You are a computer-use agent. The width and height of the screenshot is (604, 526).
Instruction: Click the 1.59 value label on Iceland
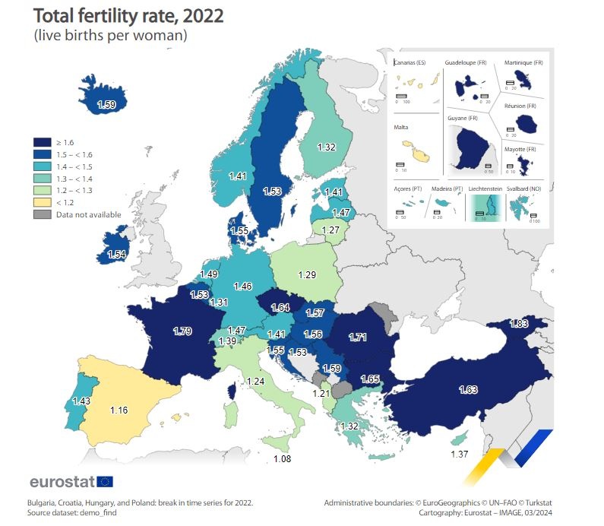point(106,104)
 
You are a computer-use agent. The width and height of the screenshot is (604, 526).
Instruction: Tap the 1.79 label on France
point(182,331)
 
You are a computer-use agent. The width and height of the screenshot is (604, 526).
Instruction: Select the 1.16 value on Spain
point(118,410)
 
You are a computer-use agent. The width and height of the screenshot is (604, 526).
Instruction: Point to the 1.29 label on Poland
point(306,273)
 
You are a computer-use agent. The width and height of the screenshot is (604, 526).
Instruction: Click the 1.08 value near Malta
point(283,459)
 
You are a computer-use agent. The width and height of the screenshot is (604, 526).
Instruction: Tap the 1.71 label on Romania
point(357,336)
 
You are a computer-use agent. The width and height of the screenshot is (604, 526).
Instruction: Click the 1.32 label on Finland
point(326,147)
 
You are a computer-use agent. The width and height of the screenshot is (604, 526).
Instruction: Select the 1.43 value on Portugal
point(81,400)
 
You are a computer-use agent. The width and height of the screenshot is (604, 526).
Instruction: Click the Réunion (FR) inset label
point(520,106)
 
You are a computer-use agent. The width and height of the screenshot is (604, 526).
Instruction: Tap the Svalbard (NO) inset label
point(521,188)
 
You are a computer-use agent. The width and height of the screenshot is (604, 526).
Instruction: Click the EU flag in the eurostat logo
point(105,481)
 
